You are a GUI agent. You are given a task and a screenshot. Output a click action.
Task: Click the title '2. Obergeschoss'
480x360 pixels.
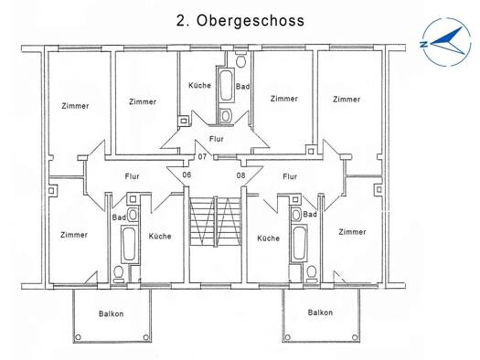coord(240,21)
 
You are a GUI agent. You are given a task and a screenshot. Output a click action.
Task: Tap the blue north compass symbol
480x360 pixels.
coord(446,42)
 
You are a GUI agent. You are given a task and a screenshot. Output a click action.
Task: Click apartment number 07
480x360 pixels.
coord(202,157)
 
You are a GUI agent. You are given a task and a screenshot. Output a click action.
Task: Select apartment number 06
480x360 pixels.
coord(187,175)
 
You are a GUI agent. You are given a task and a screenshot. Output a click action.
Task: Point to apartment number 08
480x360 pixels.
coord(241,175)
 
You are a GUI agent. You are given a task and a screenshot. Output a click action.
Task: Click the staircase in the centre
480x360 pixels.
coord(215,221)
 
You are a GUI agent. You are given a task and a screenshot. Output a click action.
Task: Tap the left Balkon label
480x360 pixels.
coord(112,313)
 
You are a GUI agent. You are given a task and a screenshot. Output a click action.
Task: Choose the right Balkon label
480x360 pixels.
coord(320,312)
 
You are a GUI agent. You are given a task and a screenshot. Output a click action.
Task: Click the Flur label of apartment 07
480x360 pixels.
coord(217,139)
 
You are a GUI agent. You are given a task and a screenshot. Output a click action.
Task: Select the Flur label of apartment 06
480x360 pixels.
coord(132,176)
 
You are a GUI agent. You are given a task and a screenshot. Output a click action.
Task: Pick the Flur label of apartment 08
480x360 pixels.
coord(290,176)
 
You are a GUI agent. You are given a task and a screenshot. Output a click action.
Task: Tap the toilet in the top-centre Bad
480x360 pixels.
coord(241,60)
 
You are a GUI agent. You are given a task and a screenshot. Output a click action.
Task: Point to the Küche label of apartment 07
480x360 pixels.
coord(199,85)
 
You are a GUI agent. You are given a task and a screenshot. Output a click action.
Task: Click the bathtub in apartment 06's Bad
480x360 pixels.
coord(129,244)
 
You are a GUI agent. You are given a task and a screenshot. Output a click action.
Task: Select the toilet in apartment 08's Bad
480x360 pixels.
coord(312,273)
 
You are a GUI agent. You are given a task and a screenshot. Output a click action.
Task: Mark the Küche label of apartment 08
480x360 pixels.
coord(268,238)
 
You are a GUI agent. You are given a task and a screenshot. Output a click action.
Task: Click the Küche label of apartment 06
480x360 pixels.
coord(160,236)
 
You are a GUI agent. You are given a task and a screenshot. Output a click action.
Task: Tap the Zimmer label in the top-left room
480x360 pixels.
coord(75,106)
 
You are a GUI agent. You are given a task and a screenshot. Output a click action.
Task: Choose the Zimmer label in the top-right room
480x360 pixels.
coord(347,99)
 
